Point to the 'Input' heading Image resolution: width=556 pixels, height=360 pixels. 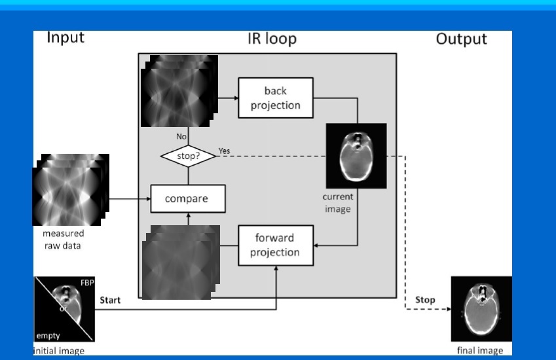(65, 38)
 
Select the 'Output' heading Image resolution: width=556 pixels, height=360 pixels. (462, 39)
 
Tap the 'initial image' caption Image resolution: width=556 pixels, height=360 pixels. (59, 350)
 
